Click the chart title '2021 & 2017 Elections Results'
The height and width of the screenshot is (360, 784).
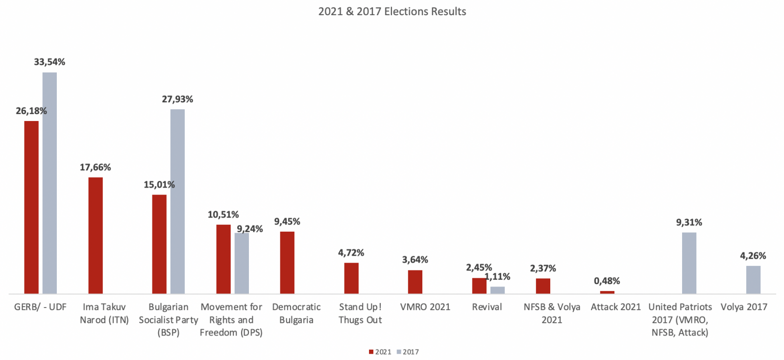[392, 11]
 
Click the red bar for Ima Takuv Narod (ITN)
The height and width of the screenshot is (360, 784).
[96, 235]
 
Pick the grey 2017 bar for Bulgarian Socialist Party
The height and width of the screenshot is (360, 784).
[177, 201]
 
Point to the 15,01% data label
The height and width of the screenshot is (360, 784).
[159, 185]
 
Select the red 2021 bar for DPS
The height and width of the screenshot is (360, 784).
[223, 259]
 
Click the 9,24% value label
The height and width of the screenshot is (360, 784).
[250, 229]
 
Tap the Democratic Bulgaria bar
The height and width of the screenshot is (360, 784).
[287, 263]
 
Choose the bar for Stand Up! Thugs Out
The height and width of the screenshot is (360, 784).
[351, 278]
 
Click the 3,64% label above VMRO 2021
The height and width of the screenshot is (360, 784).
[415, 260]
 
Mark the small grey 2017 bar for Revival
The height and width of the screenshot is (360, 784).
[497, 290]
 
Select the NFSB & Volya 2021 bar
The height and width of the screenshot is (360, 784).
[543, 286]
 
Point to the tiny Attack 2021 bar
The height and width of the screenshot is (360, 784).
[607, 292]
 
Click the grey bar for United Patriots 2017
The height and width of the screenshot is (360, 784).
[689, 263]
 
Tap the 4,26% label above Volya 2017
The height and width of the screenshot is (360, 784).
[753, 256]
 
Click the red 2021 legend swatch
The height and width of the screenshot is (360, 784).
[371, 352]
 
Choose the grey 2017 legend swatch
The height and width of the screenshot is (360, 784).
[399, 352]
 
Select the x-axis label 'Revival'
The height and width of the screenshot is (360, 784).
[487, 307]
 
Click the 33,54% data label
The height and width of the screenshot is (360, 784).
[49, 62]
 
